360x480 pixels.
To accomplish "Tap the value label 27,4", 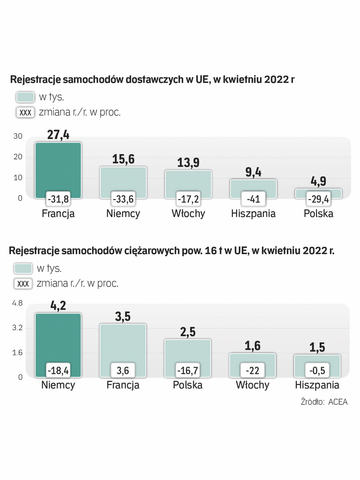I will point(58,134).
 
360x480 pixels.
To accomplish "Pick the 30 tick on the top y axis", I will point(17,136).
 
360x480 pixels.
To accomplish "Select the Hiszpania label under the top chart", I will point(253,213).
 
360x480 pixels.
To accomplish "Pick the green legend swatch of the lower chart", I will point(23,268).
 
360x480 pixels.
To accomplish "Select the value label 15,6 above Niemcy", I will point(123,159).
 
